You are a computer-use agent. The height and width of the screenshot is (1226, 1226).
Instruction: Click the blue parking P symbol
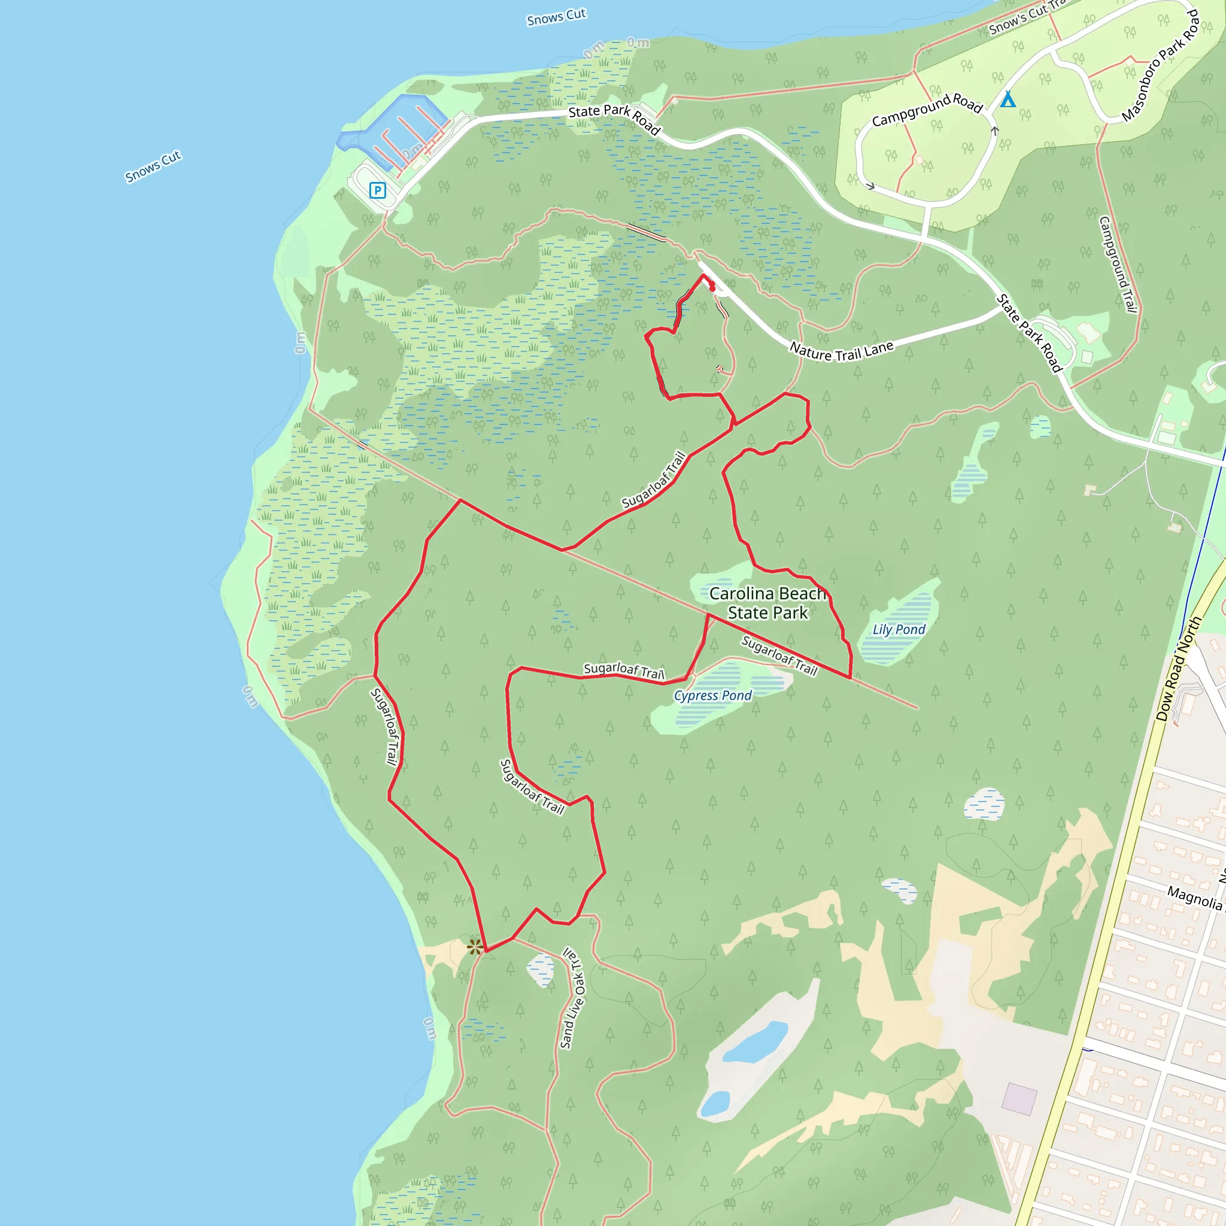pyautogui.click(x=378, y=190)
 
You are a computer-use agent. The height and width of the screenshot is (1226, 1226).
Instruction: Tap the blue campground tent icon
pyautogui.click(x=1007, y=99)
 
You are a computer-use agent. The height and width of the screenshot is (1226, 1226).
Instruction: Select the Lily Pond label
pyautogui.click(x=899, y=630)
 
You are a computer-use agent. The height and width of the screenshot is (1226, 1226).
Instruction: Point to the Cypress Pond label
pyautogui.click(x=712, y=696)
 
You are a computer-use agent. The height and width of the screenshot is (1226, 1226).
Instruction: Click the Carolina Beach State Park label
pyautogui.click(x=768, y=603)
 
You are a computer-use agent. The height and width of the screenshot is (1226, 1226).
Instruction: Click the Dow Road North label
pyautogui.click(x=1178, y=669)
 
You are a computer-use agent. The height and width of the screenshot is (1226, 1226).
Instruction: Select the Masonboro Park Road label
pyautogui.click(x=1161, y=65)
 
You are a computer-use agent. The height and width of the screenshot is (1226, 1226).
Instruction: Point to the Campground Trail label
pyautogui.click(x=1118, y=264)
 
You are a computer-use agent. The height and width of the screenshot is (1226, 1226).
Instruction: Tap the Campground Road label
pyautogui.click(x=927, y=110)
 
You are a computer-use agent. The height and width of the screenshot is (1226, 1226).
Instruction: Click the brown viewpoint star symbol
pyautogui.click(x=475, y=948)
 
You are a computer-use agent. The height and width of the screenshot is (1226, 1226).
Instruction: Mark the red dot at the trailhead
pyautogui.click(x=712, y=288)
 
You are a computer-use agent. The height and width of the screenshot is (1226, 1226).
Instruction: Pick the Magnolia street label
pyautogui.click(x=1195, y=897)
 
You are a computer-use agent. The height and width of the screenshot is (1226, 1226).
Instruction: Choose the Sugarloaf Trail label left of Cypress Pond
pyautogui.click(x=624, y=669)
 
